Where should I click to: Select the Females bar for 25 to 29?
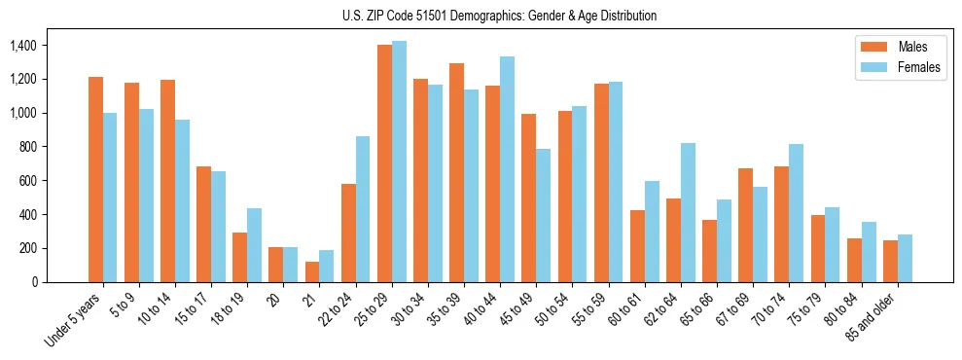click(x=399, y=162)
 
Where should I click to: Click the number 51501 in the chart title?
click(x=433, y=16)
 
